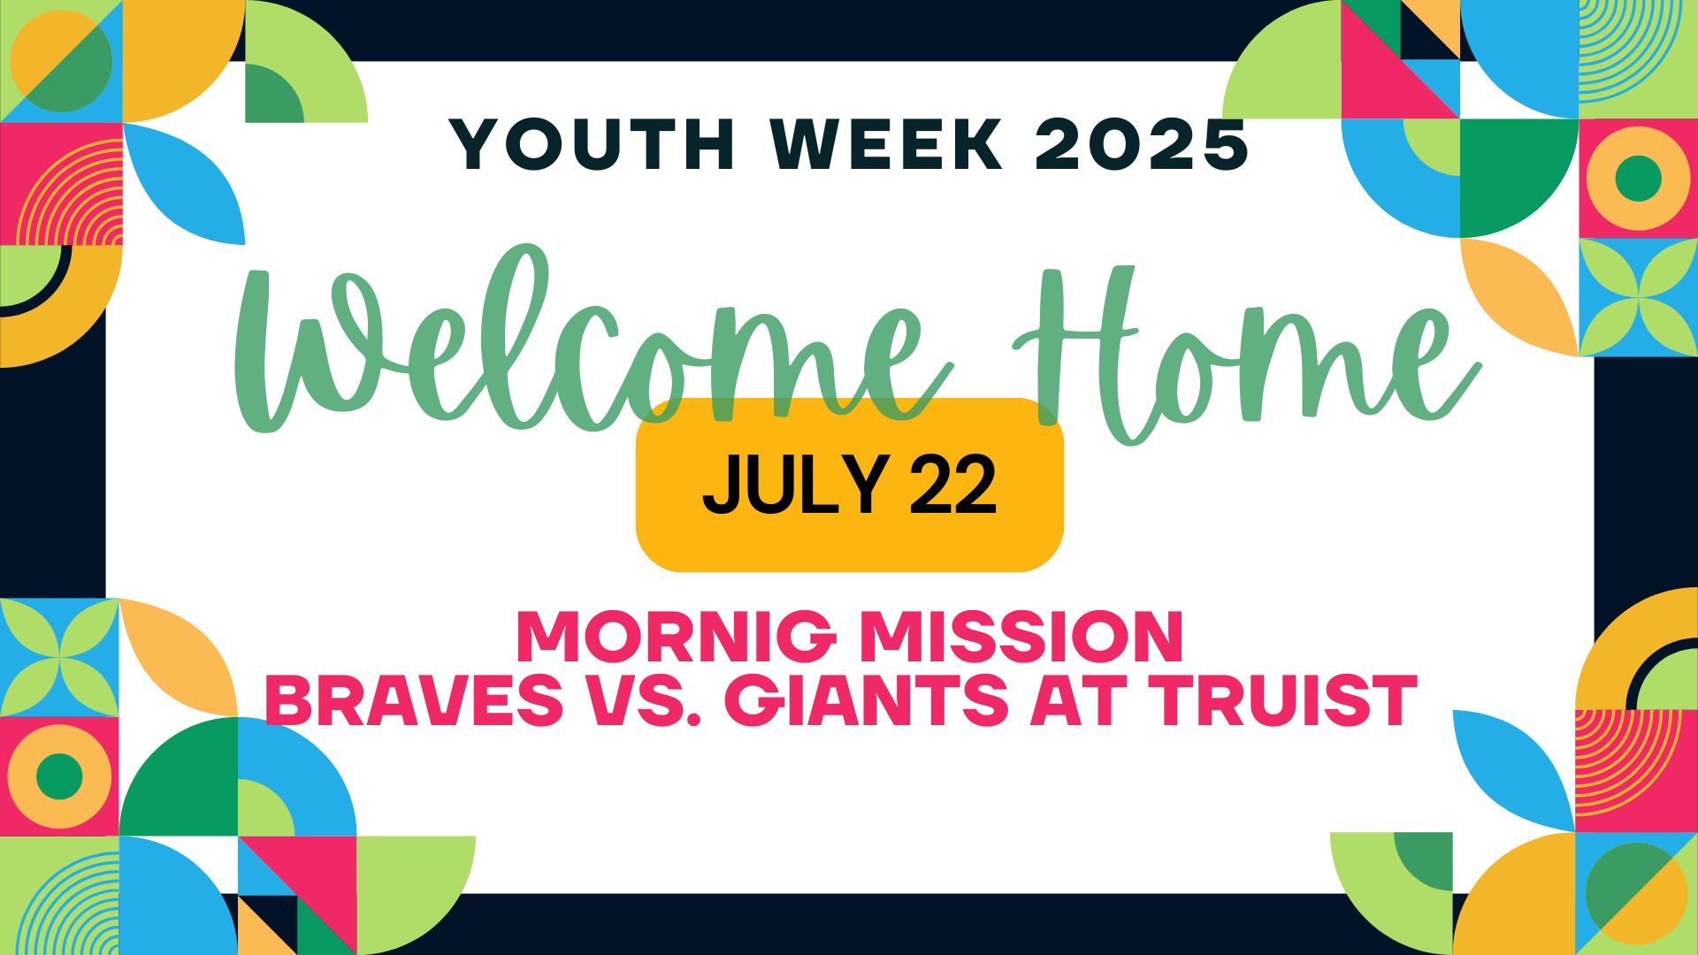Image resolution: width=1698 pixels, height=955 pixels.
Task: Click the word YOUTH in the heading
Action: point(593,143)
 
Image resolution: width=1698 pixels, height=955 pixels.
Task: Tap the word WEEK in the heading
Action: point(887,143)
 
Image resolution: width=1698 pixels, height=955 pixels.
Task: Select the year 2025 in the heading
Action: point(1142,143)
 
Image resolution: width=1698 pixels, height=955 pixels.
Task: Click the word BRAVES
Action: point(414,699)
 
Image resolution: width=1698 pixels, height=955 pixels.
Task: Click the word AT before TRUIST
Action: point(1073,699)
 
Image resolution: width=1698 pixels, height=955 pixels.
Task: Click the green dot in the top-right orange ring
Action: point(1638,179)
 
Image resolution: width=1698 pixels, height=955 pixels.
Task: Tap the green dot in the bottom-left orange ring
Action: point(59,776)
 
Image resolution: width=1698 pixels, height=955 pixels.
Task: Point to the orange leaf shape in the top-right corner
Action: point(1520,297)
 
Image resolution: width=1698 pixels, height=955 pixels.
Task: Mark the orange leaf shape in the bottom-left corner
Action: point(179,658)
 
